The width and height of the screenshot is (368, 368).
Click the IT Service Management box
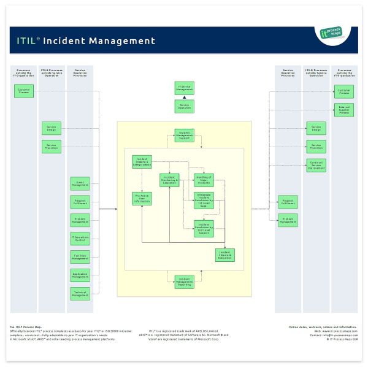tap(185, 88)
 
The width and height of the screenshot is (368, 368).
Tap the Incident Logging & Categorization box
tap(142, 162)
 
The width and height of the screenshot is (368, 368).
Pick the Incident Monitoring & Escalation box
tap(170, 180)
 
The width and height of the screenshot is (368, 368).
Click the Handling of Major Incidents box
tap(204, 180)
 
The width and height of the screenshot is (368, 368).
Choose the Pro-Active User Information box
tap(142, 198)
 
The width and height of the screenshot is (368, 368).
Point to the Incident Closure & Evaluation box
tap(224, 255)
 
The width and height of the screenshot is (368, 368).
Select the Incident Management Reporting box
tap(185, 280)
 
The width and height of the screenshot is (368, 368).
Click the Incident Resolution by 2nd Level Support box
tap(204, 228)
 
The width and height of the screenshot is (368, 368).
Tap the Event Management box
tap(80, 183)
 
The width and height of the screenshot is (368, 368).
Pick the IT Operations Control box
tap(80, 238)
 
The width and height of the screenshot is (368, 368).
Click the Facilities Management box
tap(80, 256)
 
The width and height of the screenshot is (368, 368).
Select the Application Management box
tap(80, 275)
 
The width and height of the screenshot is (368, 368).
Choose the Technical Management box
tap(80, 294)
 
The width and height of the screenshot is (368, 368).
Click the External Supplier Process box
tap(344, 111)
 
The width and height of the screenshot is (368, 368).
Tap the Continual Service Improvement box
tap(316, 165)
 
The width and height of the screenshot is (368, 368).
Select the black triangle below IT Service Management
tap(185, 98)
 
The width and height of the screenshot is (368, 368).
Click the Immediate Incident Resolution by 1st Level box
tap(204, 200)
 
